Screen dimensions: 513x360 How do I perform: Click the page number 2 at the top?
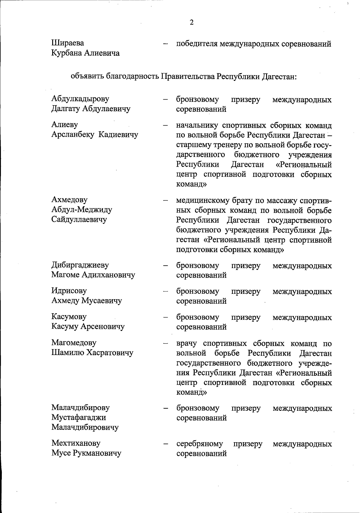[x=192, y=22]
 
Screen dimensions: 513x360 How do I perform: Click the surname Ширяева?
[x=67, y=43]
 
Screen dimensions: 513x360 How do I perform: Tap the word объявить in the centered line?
[x=87, y=76]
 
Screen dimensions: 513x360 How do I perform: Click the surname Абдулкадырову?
[x=80, y=99]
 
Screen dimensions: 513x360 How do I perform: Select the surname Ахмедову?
[x=69, y=200]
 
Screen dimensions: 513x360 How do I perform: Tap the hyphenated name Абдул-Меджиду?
[x=82, y=210]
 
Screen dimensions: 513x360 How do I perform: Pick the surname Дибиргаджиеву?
[x=80, y=265]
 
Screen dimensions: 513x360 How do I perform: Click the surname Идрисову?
[x=69, y=291]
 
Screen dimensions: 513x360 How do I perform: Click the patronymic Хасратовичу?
[x=110, y=353]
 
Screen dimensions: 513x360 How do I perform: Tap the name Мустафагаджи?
[x=79, y=417]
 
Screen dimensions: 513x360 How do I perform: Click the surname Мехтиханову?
[x=76, y=443]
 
